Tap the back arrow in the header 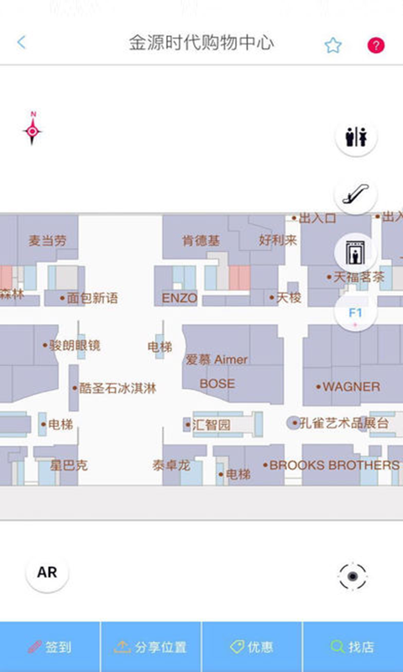[21, 43]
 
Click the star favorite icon [332, 45]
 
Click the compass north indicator [32, 129]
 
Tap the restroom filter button [356, 137]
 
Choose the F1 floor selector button [356, 313]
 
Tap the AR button [47, 573]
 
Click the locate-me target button [353, 576]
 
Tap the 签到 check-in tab [50, 647]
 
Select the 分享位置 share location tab [151, 647]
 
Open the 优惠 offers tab [252, 647]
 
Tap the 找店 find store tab [353, 647]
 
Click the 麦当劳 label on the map [48, 240]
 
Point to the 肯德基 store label [201, 240]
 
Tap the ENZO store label [180, 298]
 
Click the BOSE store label [217, 384]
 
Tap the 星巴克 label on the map [69, 465]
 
